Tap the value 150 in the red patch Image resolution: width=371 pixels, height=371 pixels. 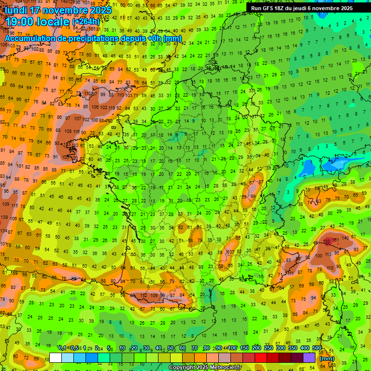pos(327,241)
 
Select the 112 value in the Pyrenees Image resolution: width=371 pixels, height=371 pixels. pos(143,296)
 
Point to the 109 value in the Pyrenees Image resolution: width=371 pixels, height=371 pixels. pos(154,295)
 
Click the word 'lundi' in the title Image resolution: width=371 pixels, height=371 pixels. pos(17,10)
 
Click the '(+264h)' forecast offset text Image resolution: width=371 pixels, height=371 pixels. pos(86,22)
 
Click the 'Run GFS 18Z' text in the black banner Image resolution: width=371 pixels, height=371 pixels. pos(268,8)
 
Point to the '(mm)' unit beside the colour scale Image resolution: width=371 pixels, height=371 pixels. pos(327,358)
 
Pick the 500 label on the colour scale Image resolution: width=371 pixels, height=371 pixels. pos(317,348)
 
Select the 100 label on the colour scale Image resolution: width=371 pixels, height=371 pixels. pos(232,348)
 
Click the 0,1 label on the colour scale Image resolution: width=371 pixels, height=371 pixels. pos(62,348)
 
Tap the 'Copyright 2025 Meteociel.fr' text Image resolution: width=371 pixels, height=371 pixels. pos(205,368)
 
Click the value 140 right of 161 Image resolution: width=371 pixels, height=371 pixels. pos(346,238)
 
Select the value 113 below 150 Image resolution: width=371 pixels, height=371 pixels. pos(328,254)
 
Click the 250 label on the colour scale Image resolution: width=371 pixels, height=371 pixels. pos(269,348)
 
